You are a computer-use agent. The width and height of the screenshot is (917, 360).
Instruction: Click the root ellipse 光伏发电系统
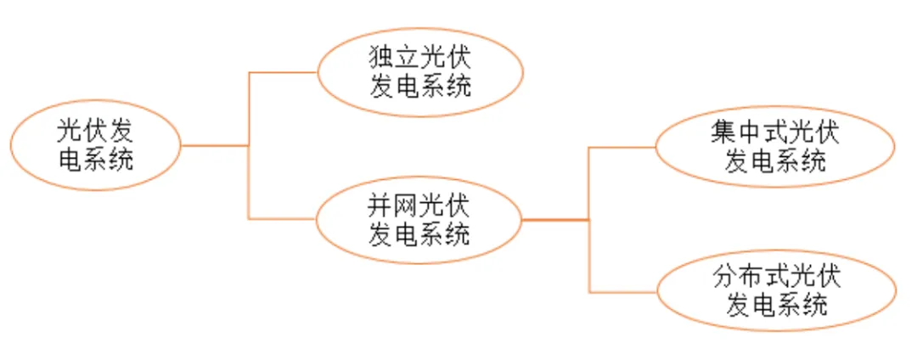(95, 145)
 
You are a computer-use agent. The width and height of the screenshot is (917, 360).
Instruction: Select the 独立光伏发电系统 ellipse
(419, 72)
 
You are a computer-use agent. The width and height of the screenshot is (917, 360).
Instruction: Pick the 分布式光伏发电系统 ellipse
(777, 291)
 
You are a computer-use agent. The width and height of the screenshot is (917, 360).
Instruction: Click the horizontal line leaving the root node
(214, 145)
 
